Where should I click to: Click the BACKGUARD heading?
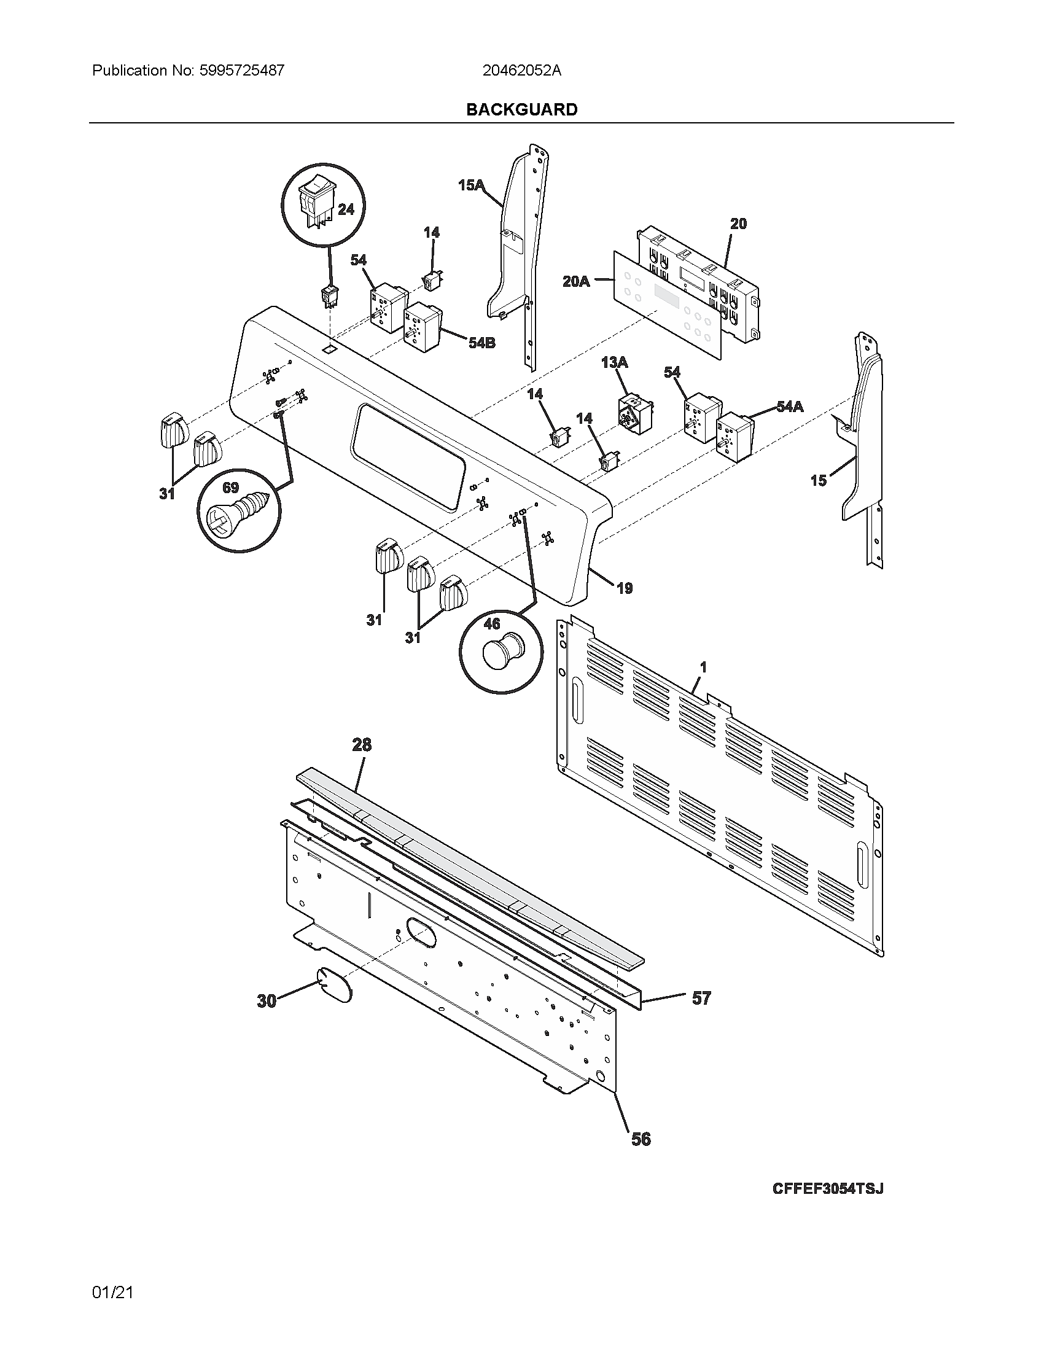click(x=521, y=109)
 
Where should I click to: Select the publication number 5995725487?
click(x=242, y=71)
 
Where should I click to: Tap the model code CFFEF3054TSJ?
click(x=828, y=1188)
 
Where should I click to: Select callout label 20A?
click(x=576, y=281)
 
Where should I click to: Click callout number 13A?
click(x=614, y=362)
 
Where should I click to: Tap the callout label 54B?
click(x=482, y=342)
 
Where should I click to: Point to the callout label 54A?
click(x=790, y=407)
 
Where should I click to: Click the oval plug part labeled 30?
click(x=333, y=986)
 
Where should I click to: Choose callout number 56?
click(x=641, y=1139)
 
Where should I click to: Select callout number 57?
click(x=701, y=998)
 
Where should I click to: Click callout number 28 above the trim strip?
click(x=362, y=745)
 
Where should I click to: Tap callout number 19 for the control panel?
click(x=625, y=588)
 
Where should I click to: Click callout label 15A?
click(x=470, y=184)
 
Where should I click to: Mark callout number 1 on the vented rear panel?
click(x=703, y=668)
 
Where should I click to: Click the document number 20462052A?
click(x=521, y=71)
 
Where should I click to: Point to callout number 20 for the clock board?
click(x=738, y=224)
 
